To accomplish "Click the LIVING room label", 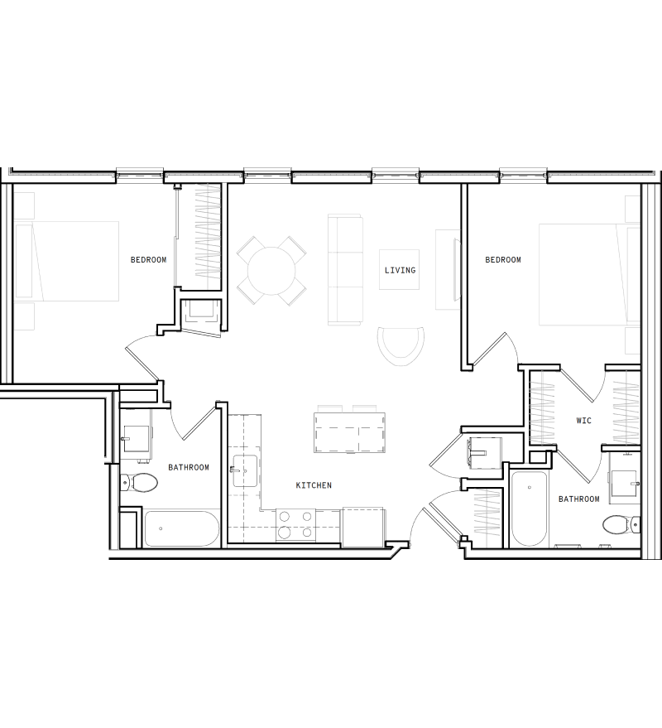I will [x=400, y=270].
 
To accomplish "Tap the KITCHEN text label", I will [x=314, y=485].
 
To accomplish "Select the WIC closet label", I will [x=583, y=421].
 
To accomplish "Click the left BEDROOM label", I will [x=148, y=260].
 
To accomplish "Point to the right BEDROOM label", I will [x=503, y=260].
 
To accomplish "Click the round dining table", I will [x=271, y=269].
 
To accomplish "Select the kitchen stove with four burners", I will [x=295, y=525].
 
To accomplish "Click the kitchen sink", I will [x=245, y=471].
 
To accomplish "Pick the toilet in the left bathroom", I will [x=139, y=484].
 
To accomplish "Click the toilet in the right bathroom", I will [x=619, y=524].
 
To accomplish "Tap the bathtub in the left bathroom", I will [x=181, y=528].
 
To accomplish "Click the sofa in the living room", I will [x=346, y=269].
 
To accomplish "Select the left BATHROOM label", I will [x=189, y=467].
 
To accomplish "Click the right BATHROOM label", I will [x=578, y=499].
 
